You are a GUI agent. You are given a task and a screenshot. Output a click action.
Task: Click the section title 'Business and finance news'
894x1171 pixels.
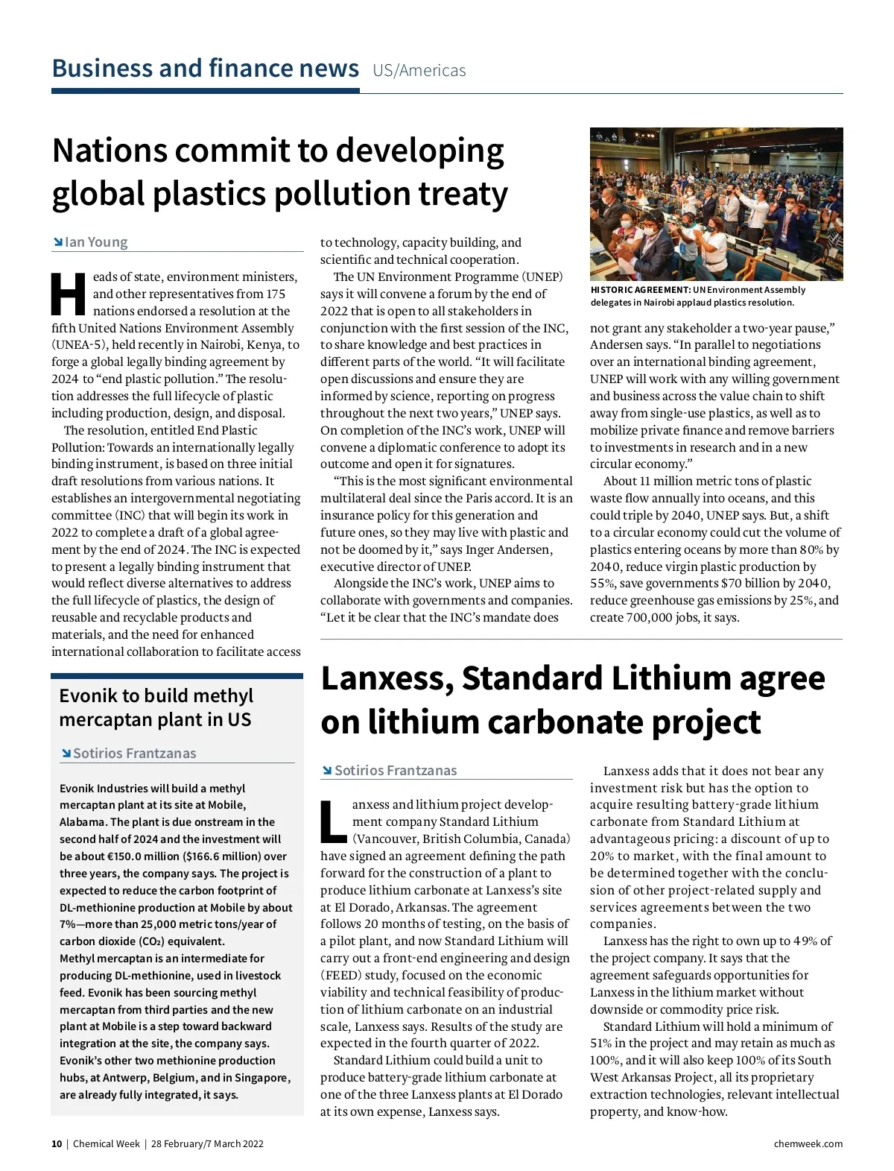205,69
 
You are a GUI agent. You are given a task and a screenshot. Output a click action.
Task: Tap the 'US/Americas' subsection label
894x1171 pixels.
419,71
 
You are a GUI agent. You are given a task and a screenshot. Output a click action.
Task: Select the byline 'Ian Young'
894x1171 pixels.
95,242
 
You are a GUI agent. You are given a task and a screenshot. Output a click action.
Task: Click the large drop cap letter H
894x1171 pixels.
69,294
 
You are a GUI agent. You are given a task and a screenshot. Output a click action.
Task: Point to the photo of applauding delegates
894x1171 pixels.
716,203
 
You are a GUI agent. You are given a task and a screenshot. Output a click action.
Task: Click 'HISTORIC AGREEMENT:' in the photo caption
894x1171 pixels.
640,290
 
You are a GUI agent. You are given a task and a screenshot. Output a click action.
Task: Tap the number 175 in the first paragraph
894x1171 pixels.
276,294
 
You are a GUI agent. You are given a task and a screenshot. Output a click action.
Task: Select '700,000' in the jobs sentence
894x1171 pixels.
649,617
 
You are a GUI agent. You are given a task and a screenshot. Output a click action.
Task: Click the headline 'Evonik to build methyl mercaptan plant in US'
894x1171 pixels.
156,707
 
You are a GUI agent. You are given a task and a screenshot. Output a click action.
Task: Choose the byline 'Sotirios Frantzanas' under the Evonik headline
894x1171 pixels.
134,754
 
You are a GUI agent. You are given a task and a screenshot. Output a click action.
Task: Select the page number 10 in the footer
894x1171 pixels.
57,1144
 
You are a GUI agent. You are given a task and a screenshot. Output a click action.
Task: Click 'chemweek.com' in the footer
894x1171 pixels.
808,1144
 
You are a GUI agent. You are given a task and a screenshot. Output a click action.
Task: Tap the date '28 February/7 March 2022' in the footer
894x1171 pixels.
207,1144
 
